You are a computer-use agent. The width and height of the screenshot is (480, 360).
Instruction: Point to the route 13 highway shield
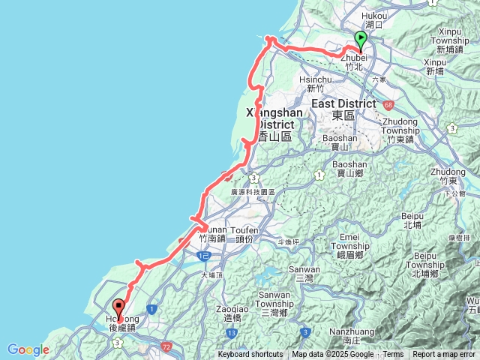point(233,332)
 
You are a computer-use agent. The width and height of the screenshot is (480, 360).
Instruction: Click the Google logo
point(28,349)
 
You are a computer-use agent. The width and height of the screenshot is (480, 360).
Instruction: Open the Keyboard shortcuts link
point(250,355)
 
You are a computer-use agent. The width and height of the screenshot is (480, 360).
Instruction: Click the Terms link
point(393,355)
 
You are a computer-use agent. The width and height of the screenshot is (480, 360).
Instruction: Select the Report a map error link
point(444,355)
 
